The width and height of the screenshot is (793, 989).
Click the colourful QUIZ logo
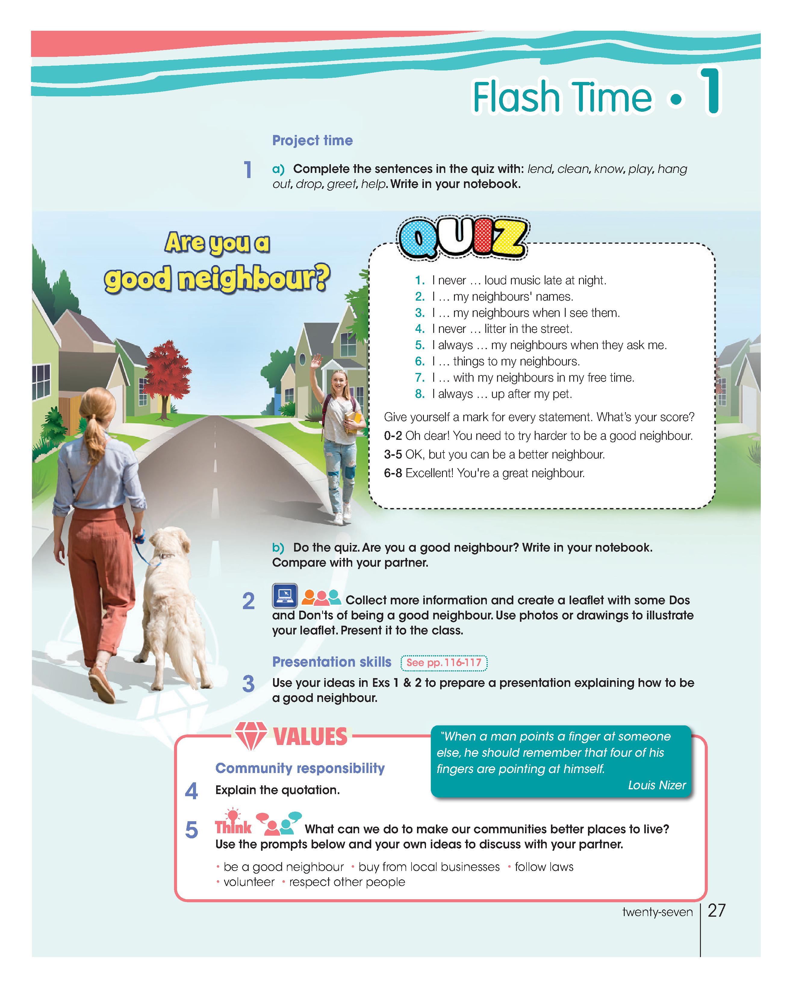tap(462, 238)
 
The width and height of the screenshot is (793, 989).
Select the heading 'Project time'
tap(312, 140)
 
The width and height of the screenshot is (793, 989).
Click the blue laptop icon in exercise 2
tap(285, 595)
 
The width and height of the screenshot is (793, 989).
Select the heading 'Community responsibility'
tap(300, 768)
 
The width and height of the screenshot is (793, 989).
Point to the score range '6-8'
tap(393, 473)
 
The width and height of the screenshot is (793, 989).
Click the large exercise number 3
tap(248, 684)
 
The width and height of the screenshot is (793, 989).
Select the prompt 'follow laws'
tap(544, 866)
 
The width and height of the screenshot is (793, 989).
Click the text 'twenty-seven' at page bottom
tap(657, 912)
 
